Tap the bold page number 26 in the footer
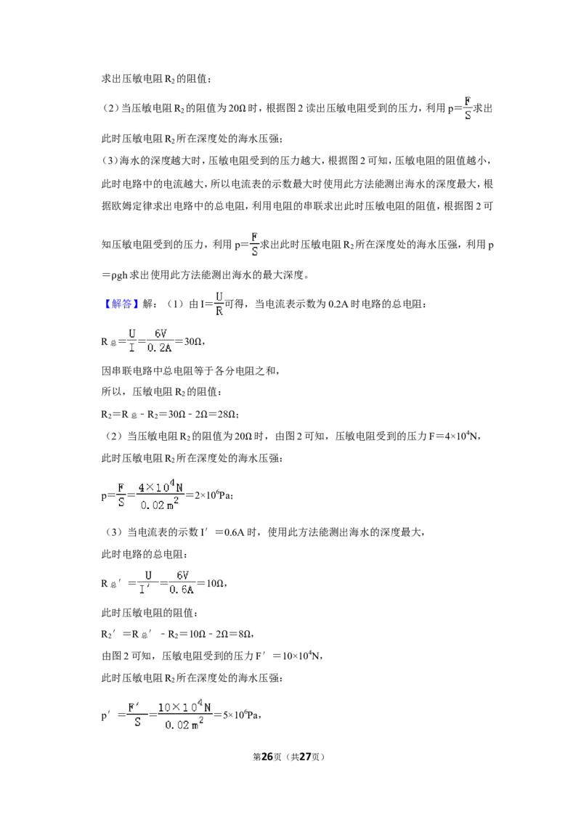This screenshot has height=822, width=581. pos(267,757)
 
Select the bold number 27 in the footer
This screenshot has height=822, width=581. pos(305,757)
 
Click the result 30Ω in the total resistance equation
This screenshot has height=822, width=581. pos(192,342)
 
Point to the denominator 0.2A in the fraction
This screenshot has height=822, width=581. pos(159,348)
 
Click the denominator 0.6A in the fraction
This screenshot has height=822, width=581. pos(182,590)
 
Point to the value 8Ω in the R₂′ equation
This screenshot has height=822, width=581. pos(245,634)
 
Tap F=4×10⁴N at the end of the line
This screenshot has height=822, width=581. pos(453,436)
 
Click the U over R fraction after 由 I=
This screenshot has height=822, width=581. pos(219,304)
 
